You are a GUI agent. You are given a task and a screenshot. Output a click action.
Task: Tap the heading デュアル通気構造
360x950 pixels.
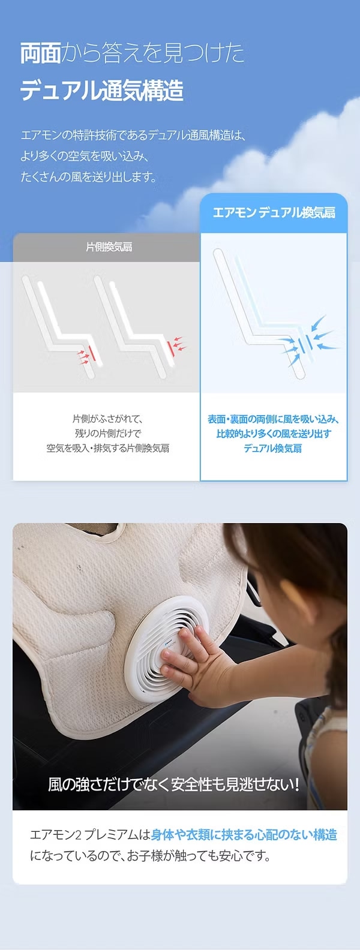(102, 90)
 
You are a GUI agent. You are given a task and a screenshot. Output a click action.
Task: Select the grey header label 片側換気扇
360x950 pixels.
(109, 247)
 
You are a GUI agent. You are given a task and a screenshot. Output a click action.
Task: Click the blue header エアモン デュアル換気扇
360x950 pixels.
(274, 212)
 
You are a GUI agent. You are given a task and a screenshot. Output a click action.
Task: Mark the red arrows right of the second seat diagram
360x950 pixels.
(180, 343)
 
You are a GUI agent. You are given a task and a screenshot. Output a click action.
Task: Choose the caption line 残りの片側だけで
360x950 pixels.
(108, 434)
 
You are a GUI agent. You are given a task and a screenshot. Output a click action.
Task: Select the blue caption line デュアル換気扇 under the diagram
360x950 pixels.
(273, 448)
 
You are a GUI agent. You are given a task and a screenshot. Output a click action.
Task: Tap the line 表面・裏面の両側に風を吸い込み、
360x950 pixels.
(273, 419)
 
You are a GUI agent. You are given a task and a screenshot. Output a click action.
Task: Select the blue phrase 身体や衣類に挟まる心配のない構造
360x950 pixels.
(244, 835)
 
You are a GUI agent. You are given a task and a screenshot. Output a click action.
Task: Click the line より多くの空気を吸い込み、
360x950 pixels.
(85, 156)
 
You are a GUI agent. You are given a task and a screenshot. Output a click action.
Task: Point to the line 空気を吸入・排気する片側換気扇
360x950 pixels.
(108, 448)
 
